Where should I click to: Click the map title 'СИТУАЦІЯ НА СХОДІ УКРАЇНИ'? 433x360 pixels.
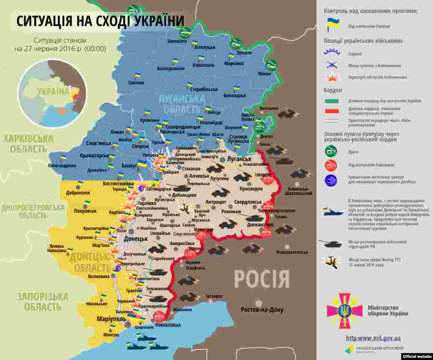100,21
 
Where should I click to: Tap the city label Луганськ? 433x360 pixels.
239,159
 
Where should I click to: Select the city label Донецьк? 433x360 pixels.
136,239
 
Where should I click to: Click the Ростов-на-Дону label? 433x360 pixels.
262,310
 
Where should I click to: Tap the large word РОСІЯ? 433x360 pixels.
262,279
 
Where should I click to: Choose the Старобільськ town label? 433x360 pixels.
204,90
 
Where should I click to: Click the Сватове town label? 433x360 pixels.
136,83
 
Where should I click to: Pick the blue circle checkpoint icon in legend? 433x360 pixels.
331,181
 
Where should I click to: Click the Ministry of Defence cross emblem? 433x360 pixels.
344,311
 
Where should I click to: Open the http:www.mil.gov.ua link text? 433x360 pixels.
373,338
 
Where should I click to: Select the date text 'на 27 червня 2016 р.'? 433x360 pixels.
60,49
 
